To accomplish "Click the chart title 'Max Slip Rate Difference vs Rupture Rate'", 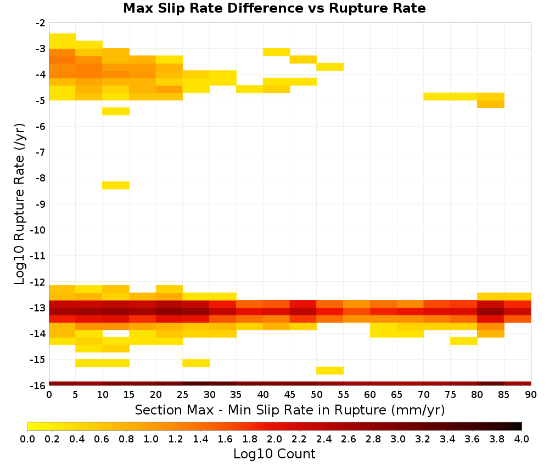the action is coord(274,8).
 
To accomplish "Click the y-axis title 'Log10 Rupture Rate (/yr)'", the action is coord(19,204).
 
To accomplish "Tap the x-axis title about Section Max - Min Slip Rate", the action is coord(289,410).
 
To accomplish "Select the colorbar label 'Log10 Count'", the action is coord(274,454).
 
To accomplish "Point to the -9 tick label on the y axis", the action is coord(41,204).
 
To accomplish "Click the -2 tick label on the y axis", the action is coord(41,23).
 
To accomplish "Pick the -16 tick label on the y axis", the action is coord(38,385).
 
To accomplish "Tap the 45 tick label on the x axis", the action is coord(289,395).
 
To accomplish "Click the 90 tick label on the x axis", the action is coord(531,395).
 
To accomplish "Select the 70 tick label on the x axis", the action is coord(424,395).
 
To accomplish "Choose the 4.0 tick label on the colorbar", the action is coord(522,439).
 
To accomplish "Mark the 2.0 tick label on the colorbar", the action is coord(274,439).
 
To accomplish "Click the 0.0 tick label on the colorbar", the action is coord(27,439).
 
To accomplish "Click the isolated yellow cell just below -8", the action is coord(116,185).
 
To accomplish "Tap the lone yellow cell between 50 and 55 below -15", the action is coord(330,371).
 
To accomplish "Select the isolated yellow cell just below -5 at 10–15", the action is coord(116,111).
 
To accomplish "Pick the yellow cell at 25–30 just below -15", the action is coord(196,363).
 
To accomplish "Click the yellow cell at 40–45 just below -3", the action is coord(277,52).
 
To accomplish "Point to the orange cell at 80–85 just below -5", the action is coord(490,104).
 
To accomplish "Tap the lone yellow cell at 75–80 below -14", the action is coord(464,341).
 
